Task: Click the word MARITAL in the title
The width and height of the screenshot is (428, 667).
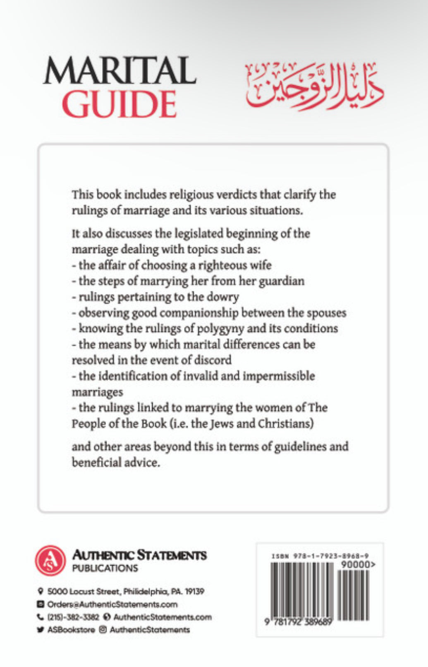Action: (x=120, y=71)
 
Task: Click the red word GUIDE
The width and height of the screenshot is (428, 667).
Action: (x=120, y=104)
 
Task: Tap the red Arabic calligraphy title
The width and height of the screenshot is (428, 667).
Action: (x=314, y=86)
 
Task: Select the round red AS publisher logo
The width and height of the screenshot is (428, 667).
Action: (x=50, y=561)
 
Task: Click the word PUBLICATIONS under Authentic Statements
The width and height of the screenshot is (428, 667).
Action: (x=105, y=568)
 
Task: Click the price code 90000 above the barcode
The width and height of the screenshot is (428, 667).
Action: (x=356, y=564)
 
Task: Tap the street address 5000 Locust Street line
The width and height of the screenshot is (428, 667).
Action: (x=126, y=591)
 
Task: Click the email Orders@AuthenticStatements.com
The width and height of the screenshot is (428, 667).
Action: (x=112, y=604)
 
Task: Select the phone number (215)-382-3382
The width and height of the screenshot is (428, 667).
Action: (x=73, y=617)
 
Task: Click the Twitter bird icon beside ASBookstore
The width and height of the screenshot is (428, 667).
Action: (x=41, y=630)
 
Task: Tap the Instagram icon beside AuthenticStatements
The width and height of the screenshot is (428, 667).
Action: (x=103, y=630)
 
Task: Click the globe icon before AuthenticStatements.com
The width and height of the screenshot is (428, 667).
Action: (x=107, y=617)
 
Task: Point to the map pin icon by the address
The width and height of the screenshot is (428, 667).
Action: (x=41, y=591)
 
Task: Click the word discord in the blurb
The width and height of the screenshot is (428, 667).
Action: (x=213, y=360)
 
